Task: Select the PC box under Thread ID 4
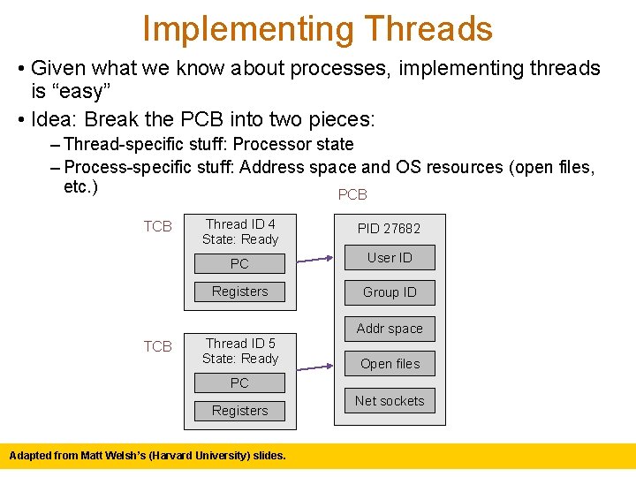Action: [x=239, y=263]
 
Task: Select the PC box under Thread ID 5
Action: [x=239, y=382]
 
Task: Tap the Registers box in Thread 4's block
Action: [x=239, y=291]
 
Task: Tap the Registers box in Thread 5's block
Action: [x=239, y=411]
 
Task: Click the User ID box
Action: [x=390, y=258]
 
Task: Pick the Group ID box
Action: [x=390, y=292]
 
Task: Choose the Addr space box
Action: [x=390, y=329]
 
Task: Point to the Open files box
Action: [x=390, y=364]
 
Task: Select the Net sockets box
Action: [x=390, y=401]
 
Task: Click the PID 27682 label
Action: [x=389, y=229]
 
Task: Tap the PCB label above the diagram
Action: [x=352, y=194]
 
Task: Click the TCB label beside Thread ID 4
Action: [x=158, y=226]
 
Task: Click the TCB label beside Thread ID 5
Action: [x=158, y=346]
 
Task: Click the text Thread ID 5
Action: [x=240, y=344]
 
